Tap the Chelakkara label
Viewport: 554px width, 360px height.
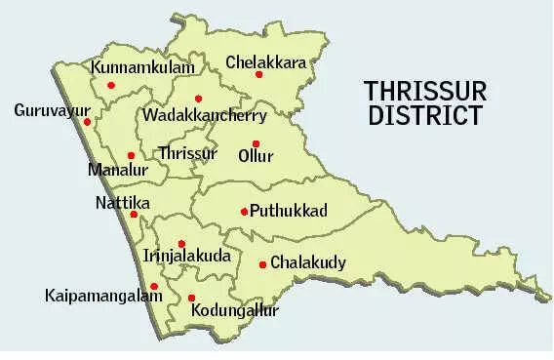click(x=265, y=62)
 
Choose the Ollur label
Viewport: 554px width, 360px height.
click(x=256, y=156)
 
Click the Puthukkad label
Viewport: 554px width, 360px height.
click(x=288, y=210)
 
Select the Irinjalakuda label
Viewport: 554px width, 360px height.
click(x=186, y=256)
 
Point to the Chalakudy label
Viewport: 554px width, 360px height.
click(x=307, y=262)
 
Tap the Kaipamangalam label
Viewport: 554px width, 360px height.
click(x=103, y=294)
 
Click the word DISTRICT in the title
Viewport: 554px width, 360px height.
click(x=423, y=116)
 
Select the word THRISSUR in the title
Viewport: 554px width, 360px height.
click(x=423, y=92)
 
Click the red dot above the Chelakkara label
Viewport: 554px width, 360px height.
click(x=259, y=74)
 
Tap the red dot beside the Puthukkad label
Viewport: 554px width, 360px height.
click(x=244, y=211)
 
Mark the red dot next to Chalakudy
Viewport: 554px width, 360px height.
click(x=262, y=264)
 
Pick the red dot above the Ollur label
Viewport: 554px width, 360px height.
click(x=256, y=143)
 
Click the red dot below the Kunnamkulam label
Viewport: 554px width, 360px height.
click(x=111, y=86)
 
